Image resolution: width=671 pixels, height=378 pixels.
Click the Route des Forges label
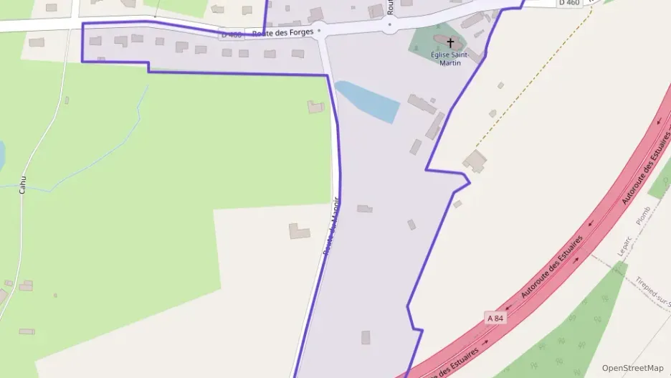click(x=282, y=32)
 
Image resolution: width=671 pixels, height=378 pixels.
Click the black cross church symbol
click(x=451, y=43)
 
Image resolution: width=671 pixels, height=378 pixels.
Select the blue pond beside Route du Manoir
click(x=367, y=102)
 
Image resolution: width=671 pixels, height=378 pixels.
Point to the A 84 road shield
click(x=496, y=318)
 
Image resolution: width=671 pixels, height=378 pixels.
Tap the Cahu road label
click(x=22, y=184)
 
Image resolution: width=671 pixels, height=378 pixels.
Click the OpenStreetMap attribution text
click(x=632, y=368)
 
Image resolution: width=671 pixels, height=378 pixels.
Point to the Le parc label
click(x=622, y=245)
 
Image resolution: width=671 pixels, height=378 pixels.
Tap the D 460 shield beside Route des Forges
click(x=231, y=34)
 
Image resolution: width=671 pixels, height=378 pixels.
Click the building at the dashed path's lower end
click(x=474, y=160)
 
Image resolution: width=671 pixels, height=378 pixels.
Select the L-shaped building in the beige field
click(x=299, y=231)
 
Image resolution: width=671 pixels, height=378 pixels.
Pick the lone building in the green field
click(x=315, y=107)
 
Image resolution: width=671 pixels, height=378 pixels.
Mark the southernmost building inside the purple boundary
click(x=366, y=337)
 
